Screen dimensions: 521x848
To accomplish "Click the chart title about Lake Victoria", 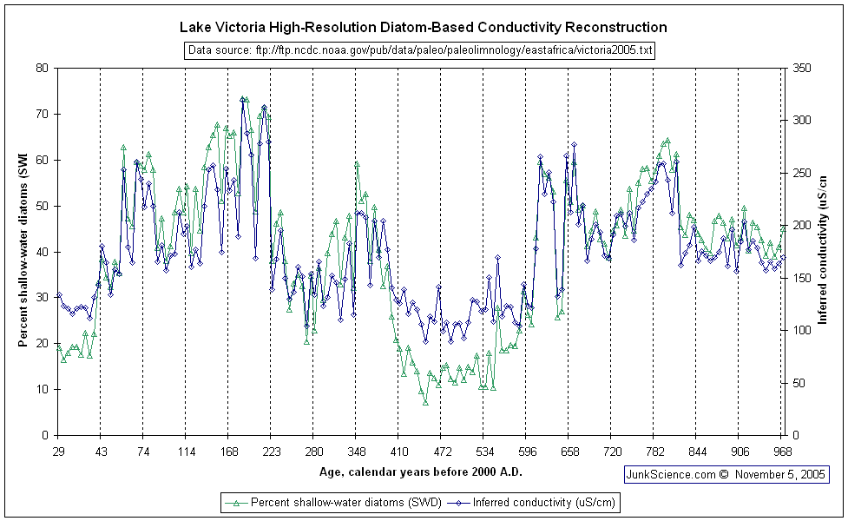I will pos(423,28).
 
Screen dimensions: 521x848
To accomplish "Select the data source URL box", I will pos(419,50).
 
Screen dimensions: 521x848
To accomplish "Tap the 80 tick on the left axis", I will pos(42,68).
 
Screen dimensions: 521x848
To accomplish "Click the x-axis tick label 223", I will pos(271,452).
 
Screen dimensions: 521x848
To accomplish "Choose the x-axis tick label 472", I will pos(440,452).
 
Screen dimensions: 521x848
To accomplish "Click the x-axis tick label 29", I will pos(58,452).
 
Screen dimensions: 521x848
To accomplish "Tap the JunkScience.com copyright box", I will pos(726,475).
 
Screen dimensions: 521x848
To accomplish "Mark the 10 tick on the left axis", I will pos(42,389).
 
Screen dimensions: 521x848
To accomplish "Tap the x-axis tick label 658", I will pos(568,452).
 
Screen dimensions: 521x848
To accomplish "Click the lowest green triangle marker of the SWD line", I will pos(425,402).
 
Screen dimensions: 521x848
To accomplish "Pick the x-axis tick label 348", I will pos(356,452).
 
